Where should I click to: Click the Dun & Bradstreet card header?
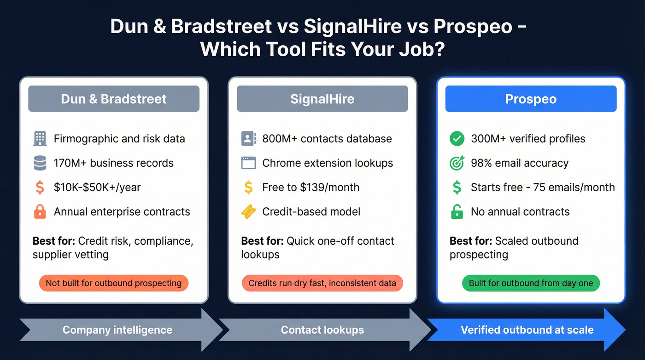[114, 99]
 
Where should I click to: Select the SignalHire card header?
[322, 99]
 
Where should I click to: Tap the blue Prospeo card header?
[531, 99]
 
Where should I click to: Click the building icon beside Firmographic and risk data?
[40, 139]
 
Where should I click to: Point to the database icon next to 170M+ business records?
[40, 163]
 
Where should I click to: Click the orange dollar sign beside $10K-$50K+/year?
[40, 187]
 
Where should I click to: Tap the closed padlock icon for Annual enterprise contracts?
[40, 212]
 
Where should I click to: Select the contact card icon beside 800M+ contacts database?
[248, 139]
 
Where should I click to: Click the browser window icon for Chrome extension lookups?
[248, 163]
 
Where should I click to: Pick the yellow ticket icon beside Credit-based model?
[248, 212]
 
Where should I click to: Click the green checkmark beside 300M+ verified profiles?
[457, 139]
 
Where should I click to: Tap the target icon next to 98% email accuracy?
[457, 163]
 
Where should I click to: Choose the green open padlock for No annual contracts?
[457, 212]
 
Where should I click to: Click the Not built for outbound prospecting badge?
[114, 283]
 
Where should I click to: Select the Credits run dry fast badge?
[322, 283]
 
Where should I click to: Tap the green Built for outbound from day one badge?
[531, 283]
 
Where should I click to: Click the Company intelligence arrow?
[117, 330]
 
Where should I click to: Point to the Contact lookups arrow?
[322, 330]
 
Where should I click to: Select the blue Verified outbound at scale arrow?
[527, 330]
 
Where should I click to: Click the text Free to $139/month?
[311, 187]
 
